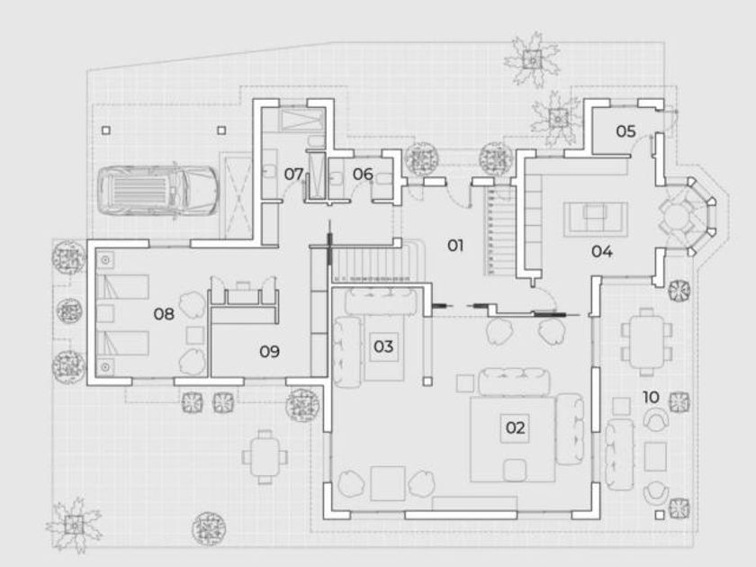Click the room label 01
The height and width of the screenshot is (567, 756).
click(454, 245)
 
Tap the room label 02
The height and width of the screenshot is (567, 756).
click(515, 427)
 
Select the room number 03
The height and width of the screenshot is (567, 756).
click(384, 346)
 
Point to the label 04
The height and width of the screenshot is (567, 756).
click(602, 251)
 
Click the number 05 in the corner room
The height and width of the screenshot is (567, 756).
click(625, 131)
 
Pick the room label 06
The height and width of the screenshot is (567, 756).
click(363, 174)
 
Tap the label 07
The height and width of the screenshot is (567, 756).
click(294, 173)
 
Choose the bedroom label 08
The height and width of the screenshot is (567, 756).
click(163, 314)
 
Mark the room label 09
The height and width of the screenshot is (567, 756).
click(269, 351)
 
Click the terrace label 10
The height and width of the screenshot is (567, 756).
click(652, 395)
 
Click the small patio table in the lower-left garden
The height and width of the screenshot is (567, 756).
click(264, 456)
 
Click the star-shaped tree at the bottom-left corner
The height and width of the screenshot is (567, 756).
click(74, 522)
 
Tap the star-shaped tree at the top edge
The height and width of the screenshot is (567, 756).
click(532, 59)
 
